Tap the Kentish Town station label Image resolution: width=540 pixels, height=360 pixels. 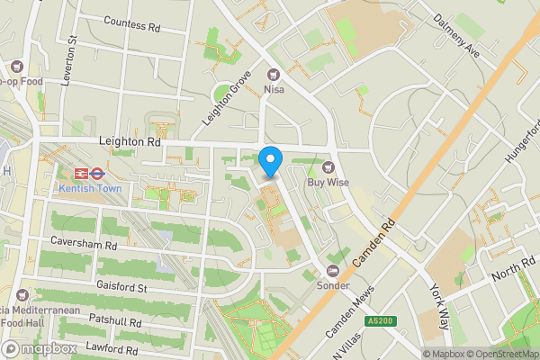point(88,188)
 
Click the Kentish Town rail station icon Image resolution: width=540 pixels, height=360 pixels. point(88,172)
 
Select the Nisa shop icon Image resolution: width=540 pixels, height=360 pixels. point(274,75)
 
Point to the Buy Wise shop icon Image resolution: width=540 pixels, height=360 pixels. point(328,166)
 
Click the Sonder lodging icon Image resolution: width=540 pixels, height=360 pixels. point(333,270)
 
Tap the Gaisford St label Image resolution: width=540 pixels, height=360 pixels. point(121,287)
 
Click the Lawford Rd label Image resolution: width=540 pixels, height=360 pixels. point(112,346)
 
